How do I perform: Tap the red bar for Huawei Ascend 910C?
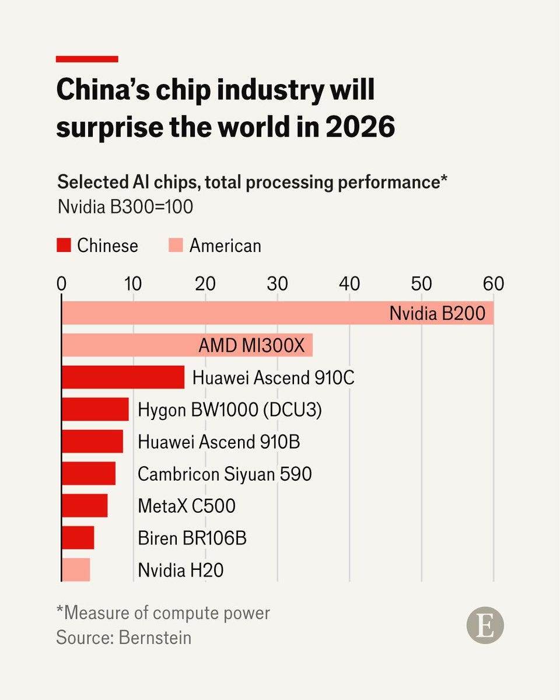(x=123, y=377)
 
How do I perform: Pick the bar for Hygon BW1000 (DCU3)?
(x=95, y=409)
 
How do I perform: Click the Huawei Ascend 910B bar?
(x=92, y=442)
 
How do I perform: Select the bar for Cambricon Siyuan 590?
(x=89, y=473)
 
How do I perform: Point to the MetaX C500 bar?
(x=85, y=505)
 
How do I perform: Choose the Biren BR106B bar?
(x=78, y=537)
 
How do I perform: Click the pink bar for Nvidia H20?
(x=76, y=569)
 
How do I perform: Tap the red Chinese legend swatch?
(x=64, y=246)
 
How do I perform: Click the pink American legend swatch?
(x=176, y=246)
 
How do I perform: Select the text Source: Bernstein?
(x=124, y=637)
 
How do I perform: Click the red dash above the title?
(x=87, y=59)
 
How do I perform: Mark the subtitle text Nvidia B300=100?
(x=125, y=206)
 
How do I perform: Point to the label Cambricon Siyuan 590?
(x=225, y=474)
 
